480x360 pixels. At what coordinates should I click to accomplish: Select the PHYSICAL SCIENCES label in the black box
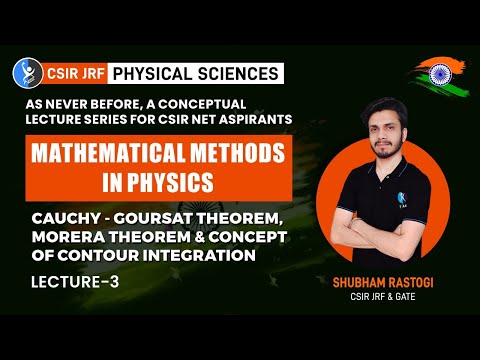pyautogui.click(x=196, y=73)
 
